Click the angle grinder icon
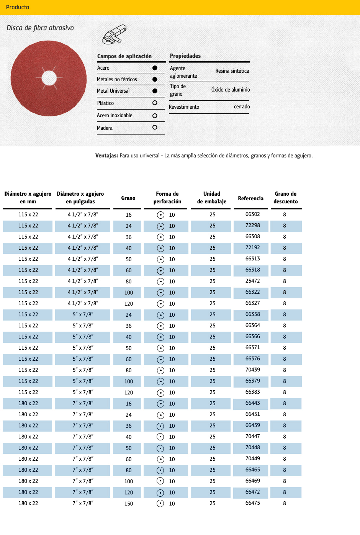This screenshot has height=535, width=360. click(114, 34)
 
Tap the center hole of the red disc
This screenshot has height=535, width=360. click(49, 78)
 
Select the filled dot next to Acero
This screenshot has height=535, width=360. click(155, 68)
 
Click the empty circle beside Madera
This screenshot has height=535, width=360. click(155, 128)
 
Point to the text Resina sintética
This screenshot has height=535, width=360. click(232, 71)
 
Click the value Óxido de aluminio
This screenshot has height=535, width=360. click(231, 90)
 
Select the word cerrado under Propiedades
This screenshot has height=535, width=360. click(242, 107)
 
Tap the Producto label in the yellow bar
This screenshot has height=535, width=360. click(18, 7)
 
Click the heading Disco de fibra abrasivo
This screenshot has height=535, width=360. click(40, 28)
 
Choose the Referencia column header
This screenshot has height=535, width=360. click(250, 198)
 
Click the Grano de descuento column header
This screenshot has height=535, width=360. click(286, 198)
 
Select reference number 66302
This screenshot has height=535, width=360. click(252, 214)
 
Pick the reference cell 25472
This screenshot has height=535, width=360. click(252, 281)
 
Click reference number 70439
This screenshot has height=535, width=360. click(252, 370)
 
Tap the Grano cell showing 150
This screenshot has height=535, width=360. click(129, 504)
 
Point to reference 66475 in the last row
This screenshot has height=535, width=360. click(252, 503)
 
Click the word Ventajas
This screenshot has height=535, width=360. click(106, 156)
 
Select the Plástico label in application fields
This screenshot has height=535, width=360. click(105, 103)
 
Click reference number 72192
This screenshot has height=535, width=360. click(252, 248)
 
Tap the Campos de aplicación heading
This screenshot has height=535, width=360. click(124, 56)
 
